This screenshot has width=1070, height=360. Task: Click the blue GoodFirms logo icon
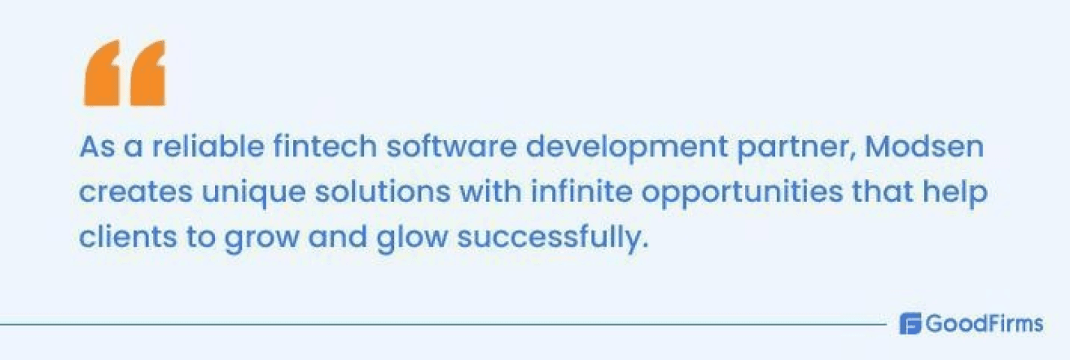(909, 324)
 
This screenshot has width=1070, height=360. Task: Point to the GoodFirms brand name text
(984, 324)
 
